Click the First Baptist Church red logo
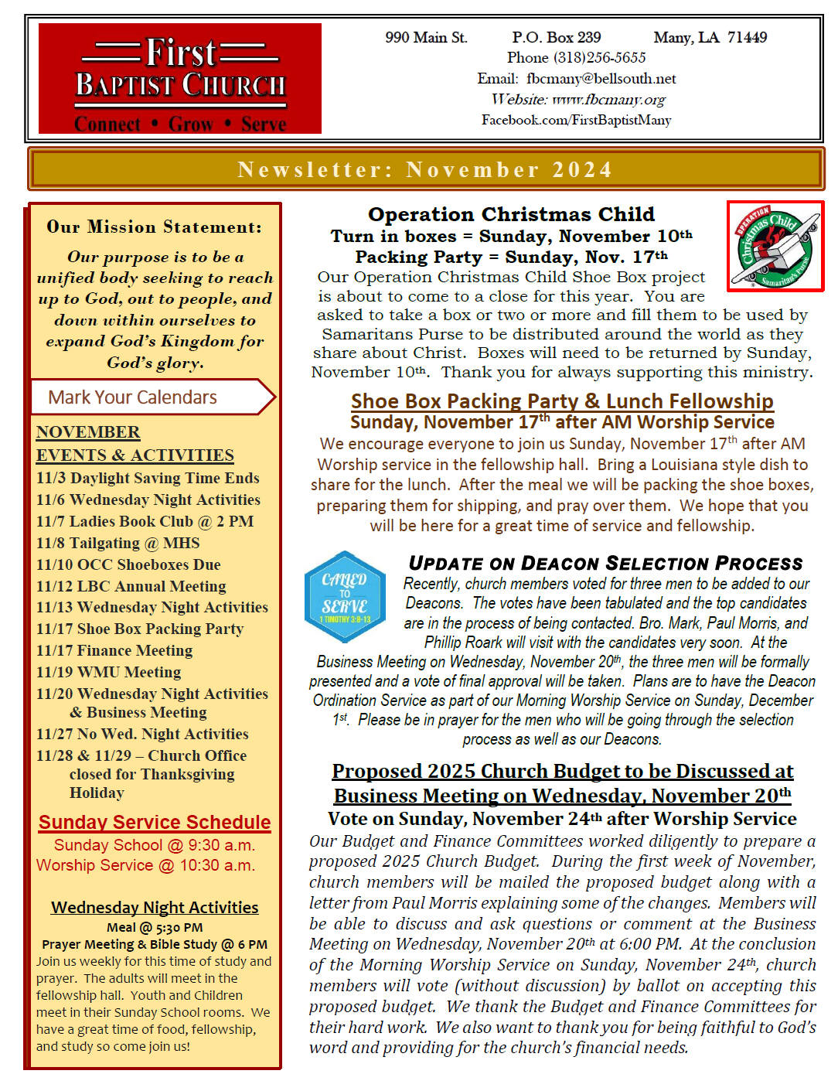click(179, 78)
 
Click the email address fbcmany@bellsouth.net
click(601, 79)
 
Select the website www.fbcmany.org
click(608, 100)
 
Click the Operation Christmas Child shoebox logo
click(775, 246)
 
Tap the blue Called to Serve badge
click(345, 597)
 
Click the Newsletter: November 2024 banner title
click(425, 169)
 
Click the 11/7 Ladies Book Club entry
click(145, 522)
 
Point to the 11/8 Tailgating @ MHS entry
click(118, 544)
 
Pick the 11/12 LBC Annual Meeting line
click(131, 587)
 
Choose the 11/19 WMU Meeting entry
click(108, 673)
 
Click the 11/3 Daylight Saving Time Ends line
click(148, 479)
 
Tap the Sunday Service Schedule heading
click(155, 823)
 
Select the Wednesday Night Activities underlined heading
click(155, 908)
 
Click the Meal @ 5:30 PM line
click(155, 928)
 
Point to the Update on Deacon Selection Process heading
click(606, 564)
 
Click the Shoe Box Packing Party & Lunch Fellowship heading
click(562, 401)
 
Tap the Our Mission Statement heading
click(154, 227)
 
